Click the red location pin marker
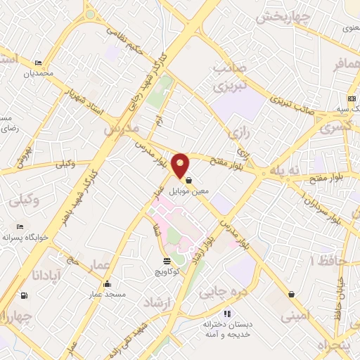pyautogui.click(x=181, y=165)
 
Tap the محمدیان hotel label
pyautogui.click(x=38, y=73)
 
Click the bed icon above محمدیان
pyautogui.click(x=38, y=63)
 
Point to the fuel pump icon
pyautogui.click(x=25, y=295)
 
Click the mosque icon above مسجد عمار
pyautogui.click(x=106, y=284)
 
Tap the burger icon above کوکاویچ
pyautogui.click(x=167, y=261)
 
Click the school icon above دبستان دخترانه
pyautogui.click(x=227, y=314)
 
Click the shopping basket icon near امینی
pyautogui.click(x=290, y=294)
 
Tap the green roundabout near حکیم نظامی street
pyautogui.click(x=90, y=14)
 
